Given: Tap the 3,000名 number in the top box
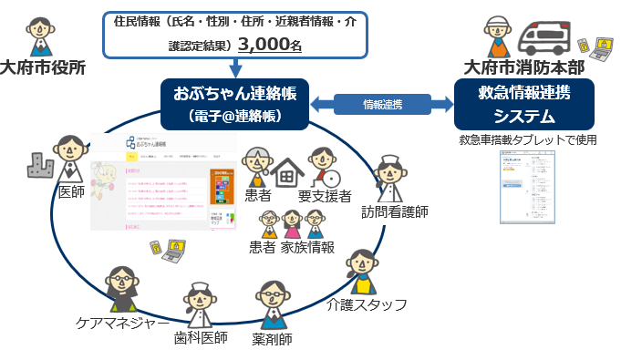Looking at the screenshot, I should click(271, 43).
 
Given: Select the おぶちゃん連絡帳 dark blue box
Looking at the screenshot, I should click(234, 104).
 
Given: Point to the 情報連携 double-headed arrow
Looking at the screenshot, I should click(383, 103).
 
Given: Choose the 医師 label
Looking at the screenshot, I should click(70, 192).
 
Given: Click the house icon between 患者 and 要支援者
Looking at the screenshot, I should click(287, 170).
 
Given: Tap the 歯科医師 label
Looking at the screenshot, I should click(201, 337).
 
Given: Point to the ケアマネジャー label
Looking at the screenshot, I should click(123, 324).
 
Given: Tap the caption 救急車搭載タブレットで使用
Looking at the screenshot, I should click(523, 140).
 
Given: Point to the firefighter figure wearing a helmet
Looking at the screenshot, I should click(496, 34).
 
